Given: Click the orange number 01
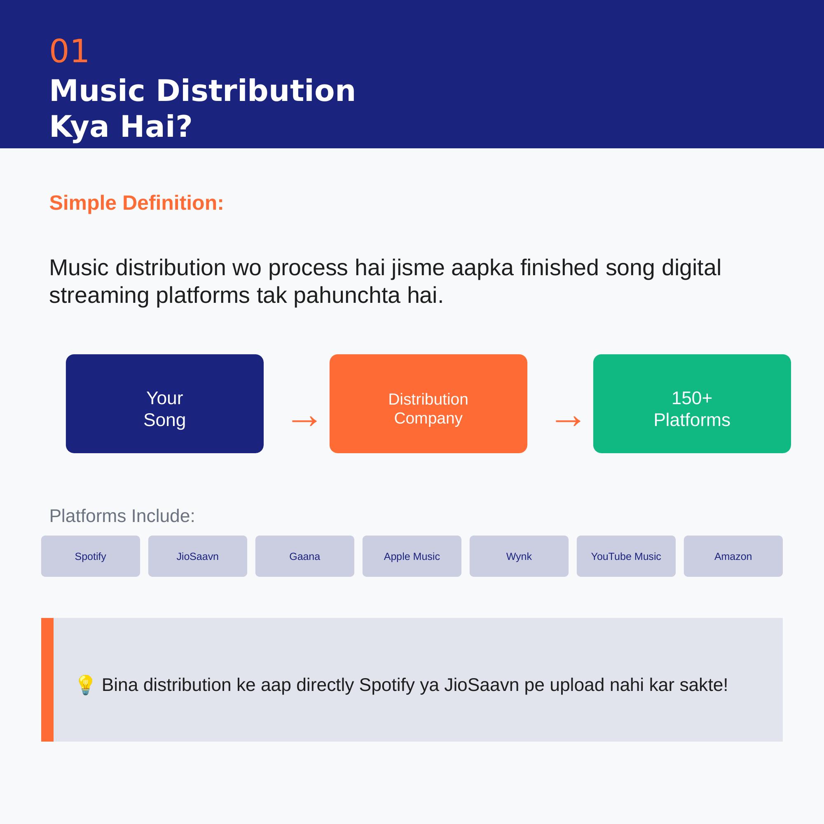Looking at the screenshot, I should pos(69,51).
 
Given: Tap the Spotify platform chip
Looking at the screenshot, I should pos(90,556).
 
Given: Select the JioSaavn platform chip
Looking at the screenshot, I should pos(197,556).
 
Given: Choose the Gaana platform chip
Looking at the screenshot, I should pos(304,556).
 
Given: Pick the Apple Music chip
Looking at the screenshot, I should pos(412,556).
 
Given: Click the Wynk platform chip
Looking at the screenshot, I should pos(519,556).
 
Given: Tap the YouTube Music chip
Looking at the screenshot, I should pos(626,556).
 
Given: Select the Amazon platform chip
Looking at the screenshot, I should pos(733,556).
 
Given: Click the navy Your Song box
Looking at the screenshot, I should pos(165,403).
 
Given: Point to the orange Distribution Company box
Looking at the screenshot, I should pos(428,403).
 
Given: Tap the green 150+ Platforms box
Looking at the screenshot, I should pos(692,403).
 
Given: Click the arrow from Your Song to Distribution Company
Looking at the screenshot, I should pos(304,421).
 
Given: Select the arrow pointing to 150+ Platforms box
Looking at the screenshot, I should pos(568,421).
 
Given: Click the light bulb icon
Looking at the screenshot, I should pos(85,685).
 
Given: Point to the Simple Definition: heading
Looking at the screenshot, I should pos(136,203).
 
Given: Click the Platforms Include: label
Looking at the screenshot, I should pos(122,516).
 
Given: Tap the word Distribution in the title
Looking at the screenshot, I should pos(256,91).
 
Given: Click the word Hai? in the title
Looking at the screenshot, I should pos(156,126).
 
